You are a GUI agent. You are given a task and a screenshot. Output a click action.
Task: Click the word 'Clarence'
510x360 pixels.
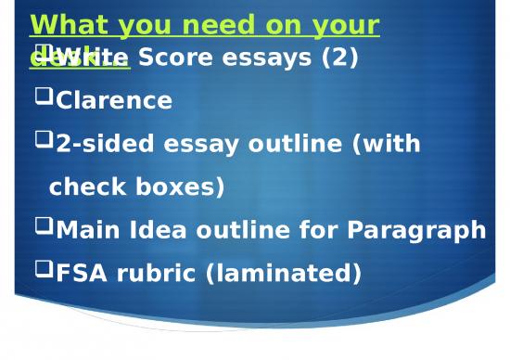pyautogui.click(x=114, y=101)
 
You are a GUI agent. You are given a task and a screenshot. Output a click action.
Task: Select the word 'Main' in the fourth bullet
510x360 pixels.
pyautogui.click(x=85, y=230)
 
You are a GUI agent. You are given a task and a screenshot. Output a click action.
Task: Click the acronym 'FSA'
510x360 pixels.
pyautogui.click(x=81, y=274)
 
